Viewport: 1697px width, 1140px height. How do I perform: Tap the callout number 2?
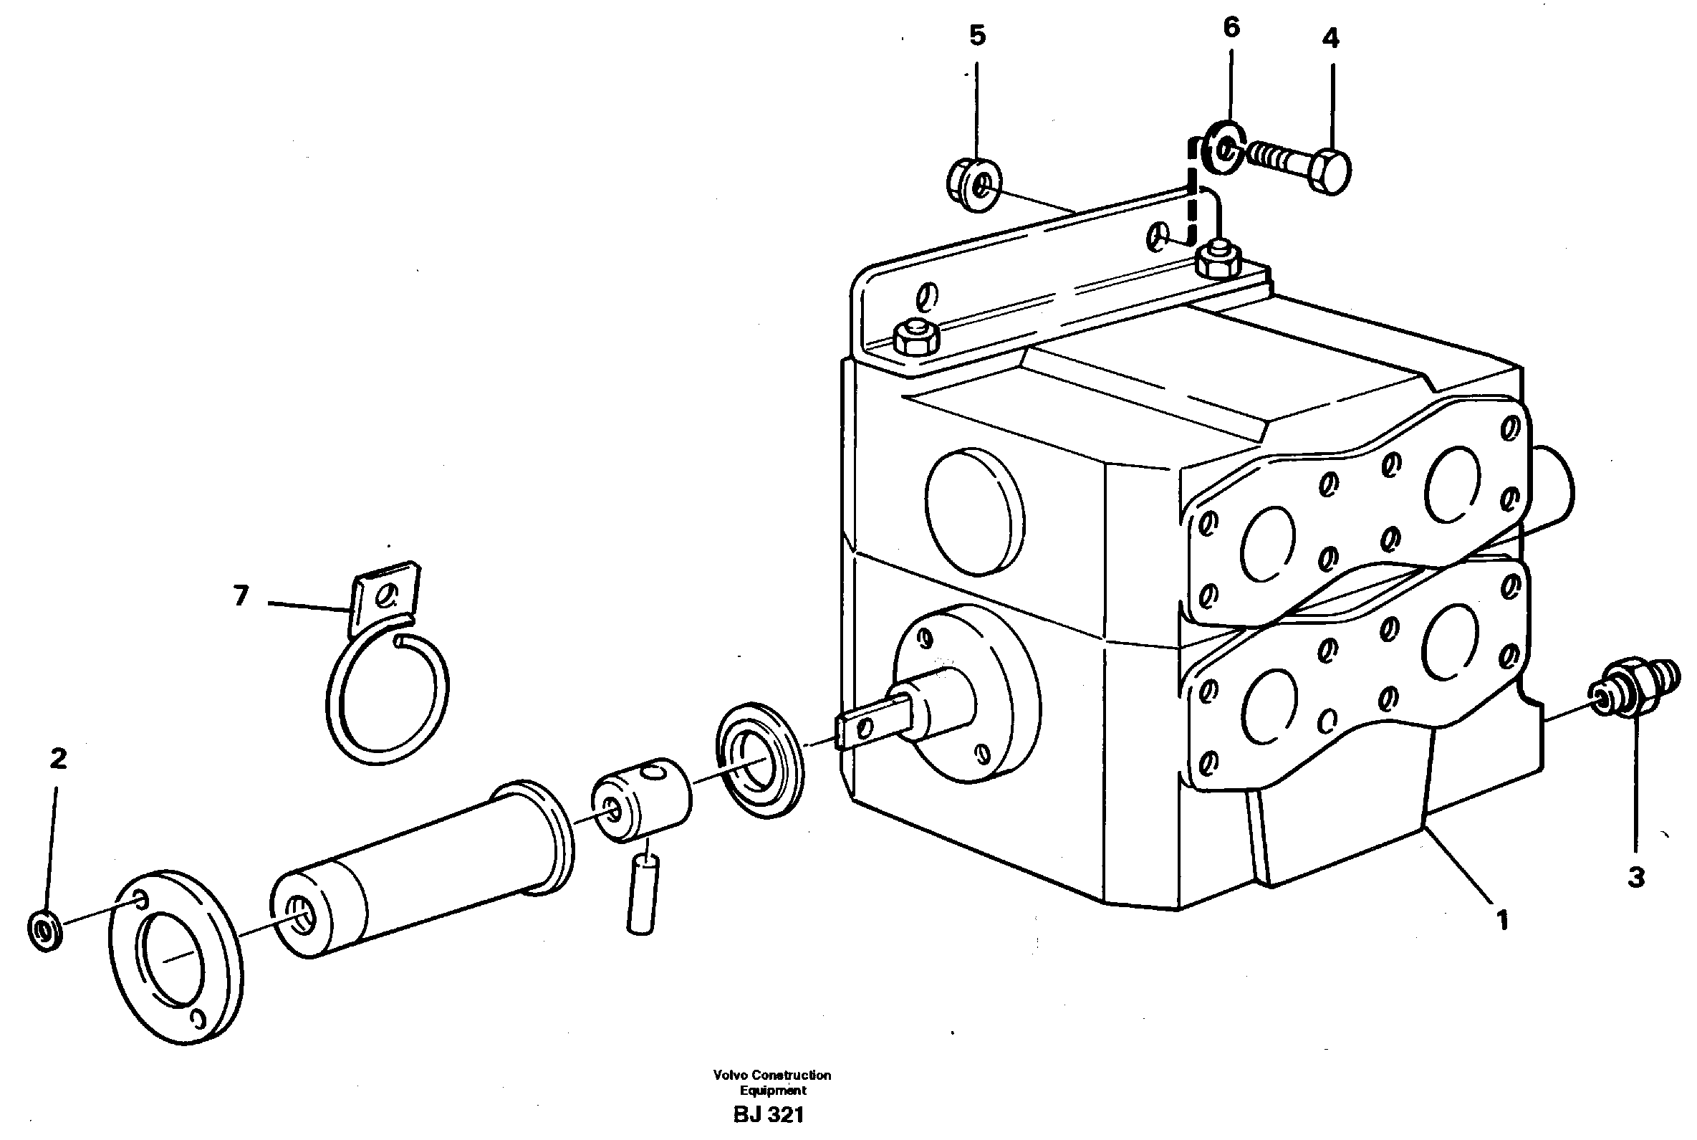58,759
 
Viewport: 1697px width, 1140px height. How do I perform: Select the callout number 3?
1636,878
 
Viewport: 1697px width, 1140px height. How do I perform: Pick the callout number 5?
978,35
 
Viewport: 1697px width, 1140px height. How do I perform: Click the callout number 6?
1231,28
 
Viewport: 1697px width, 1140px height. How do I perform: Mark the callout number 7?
241,595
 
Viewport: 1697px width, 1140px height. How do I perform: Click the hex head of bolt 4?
1330,171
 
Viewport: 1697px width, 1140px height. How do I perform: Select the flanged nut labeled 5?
975,185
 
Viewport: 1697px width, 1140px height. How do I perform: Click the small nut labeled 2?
45,929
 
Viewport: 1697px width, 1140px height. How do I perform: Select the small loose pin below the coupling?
641,894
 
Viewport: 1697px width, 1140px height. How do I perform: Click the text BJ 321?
768,1114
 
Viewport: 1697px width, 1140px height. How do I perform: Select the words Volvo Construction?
771,1075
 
